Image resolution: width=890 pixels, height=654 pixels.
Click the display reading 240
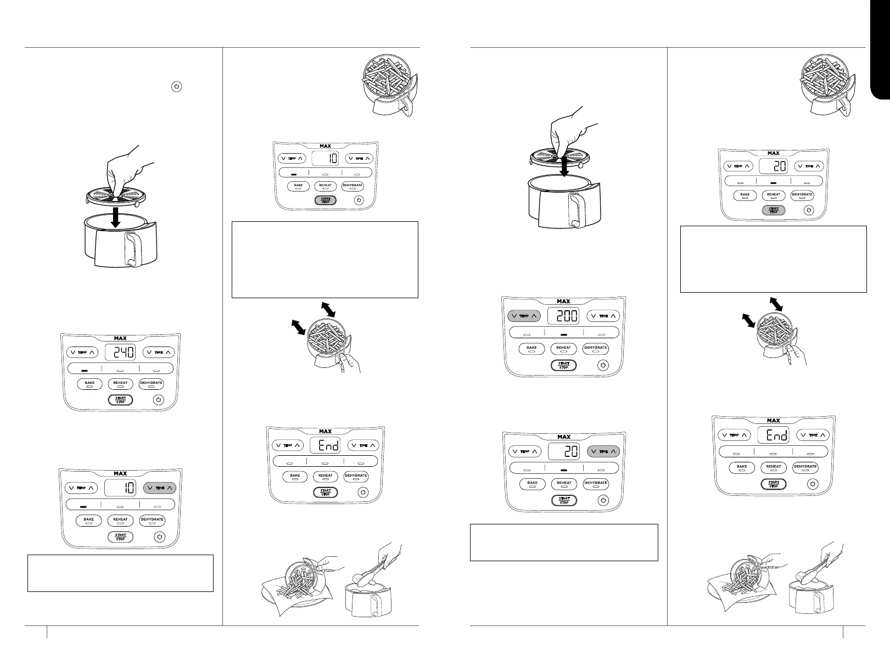120,353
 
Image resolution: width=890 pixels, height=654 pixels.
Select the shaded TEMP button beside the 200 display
524,316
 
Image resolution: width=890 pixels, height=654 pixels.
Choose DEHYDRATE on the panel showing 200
596,348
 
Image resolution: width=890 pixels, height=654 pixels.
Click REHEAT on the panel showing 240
120,383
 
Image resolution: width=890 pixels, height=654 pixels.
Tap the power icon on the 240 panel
158,400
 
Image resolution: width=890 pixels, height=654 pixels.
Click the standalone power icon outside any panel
177,87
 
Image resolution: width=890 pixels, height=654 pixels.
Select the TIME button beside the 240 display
159,353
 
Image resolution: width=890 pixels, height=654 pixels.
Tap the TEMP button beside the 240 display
82,353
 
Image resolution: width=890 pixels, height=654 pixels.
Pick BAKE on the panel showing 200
531,348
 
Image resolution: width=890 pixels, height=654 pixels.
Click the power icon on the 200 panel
603,365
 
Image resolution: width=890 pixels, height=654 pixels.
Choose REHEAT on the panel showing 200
564,348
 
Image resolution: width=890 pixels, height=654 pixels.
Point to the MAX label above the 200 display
563,301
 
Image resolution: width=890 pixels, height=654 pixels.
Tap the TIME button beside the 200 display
603,316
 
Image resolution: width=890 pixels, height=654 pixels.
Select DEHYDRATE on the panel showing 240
152,383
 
